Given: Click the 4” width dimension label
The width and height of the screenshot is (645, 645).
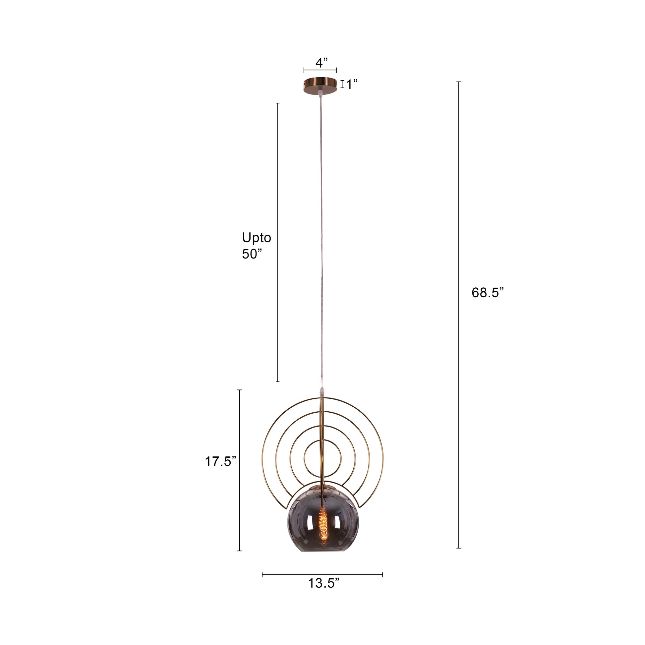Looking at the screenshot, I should [x=321, y=62].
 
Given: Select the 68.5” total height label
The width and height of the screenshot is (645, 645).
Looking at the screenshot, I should [x=487, y=293].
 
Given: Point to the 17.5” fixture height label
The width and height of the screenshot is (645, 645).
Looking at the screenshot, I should [x=220, y=462].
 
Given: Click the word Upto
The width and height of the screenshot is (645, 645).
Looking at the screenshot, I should [x=257, y=238].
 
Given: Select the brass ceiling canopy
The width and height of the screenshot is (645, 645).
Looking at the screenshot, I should [x=320, y=86].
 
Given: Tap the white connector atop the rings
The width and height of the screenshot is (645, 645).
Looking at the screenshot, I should [x=322, y=390].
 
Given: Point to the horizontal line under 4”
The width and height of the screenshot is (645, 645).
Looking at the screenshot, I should [x=320, y=70].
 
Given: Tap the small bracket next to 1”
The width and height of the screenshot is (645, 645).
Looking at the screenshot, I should [x=342, y=85].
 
